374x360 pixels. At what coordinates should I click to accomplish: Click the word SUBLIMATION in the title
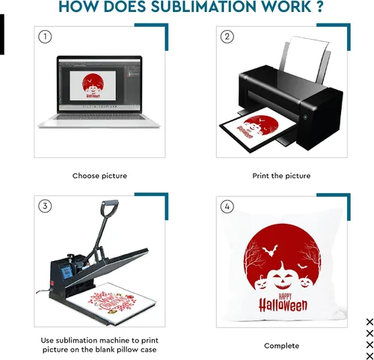(203, 6)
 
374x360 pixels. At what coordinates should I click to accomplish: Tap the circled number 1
(45, 37)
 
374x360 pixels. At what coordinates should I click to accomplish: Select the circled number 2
(227, 37)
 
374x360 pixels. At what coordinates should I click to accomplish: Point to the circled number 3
(45, 207)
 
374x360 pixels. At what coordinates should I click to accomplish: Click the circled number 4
(227, 207)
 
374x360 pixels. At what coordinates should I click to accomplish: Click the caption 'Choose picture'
(99, 176)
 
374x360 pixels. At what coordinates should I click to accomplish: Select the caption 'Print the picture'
(281, 176)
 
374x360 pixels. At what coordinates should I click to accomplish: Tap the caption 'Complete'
(281, 346)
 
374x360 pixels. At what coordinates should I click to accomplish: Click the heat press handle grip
(109, 207)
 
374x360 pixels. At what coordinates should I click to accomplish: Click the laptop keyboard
(99, 117)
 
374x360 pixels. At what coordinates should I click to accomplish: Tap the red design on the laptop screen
(93, 85)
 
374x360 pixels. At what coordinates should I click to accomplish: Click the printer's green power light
(305, 117)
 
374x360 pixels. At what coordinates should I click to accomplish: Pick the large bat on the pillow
(270, 250)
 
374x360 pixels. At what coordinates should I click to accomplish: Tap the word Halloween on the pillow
(283, 305)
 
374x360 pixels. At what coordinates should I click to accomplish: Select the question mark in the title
(320, 6)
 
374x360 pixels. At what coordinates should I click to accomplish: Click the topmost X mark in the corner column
(370, 322)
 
